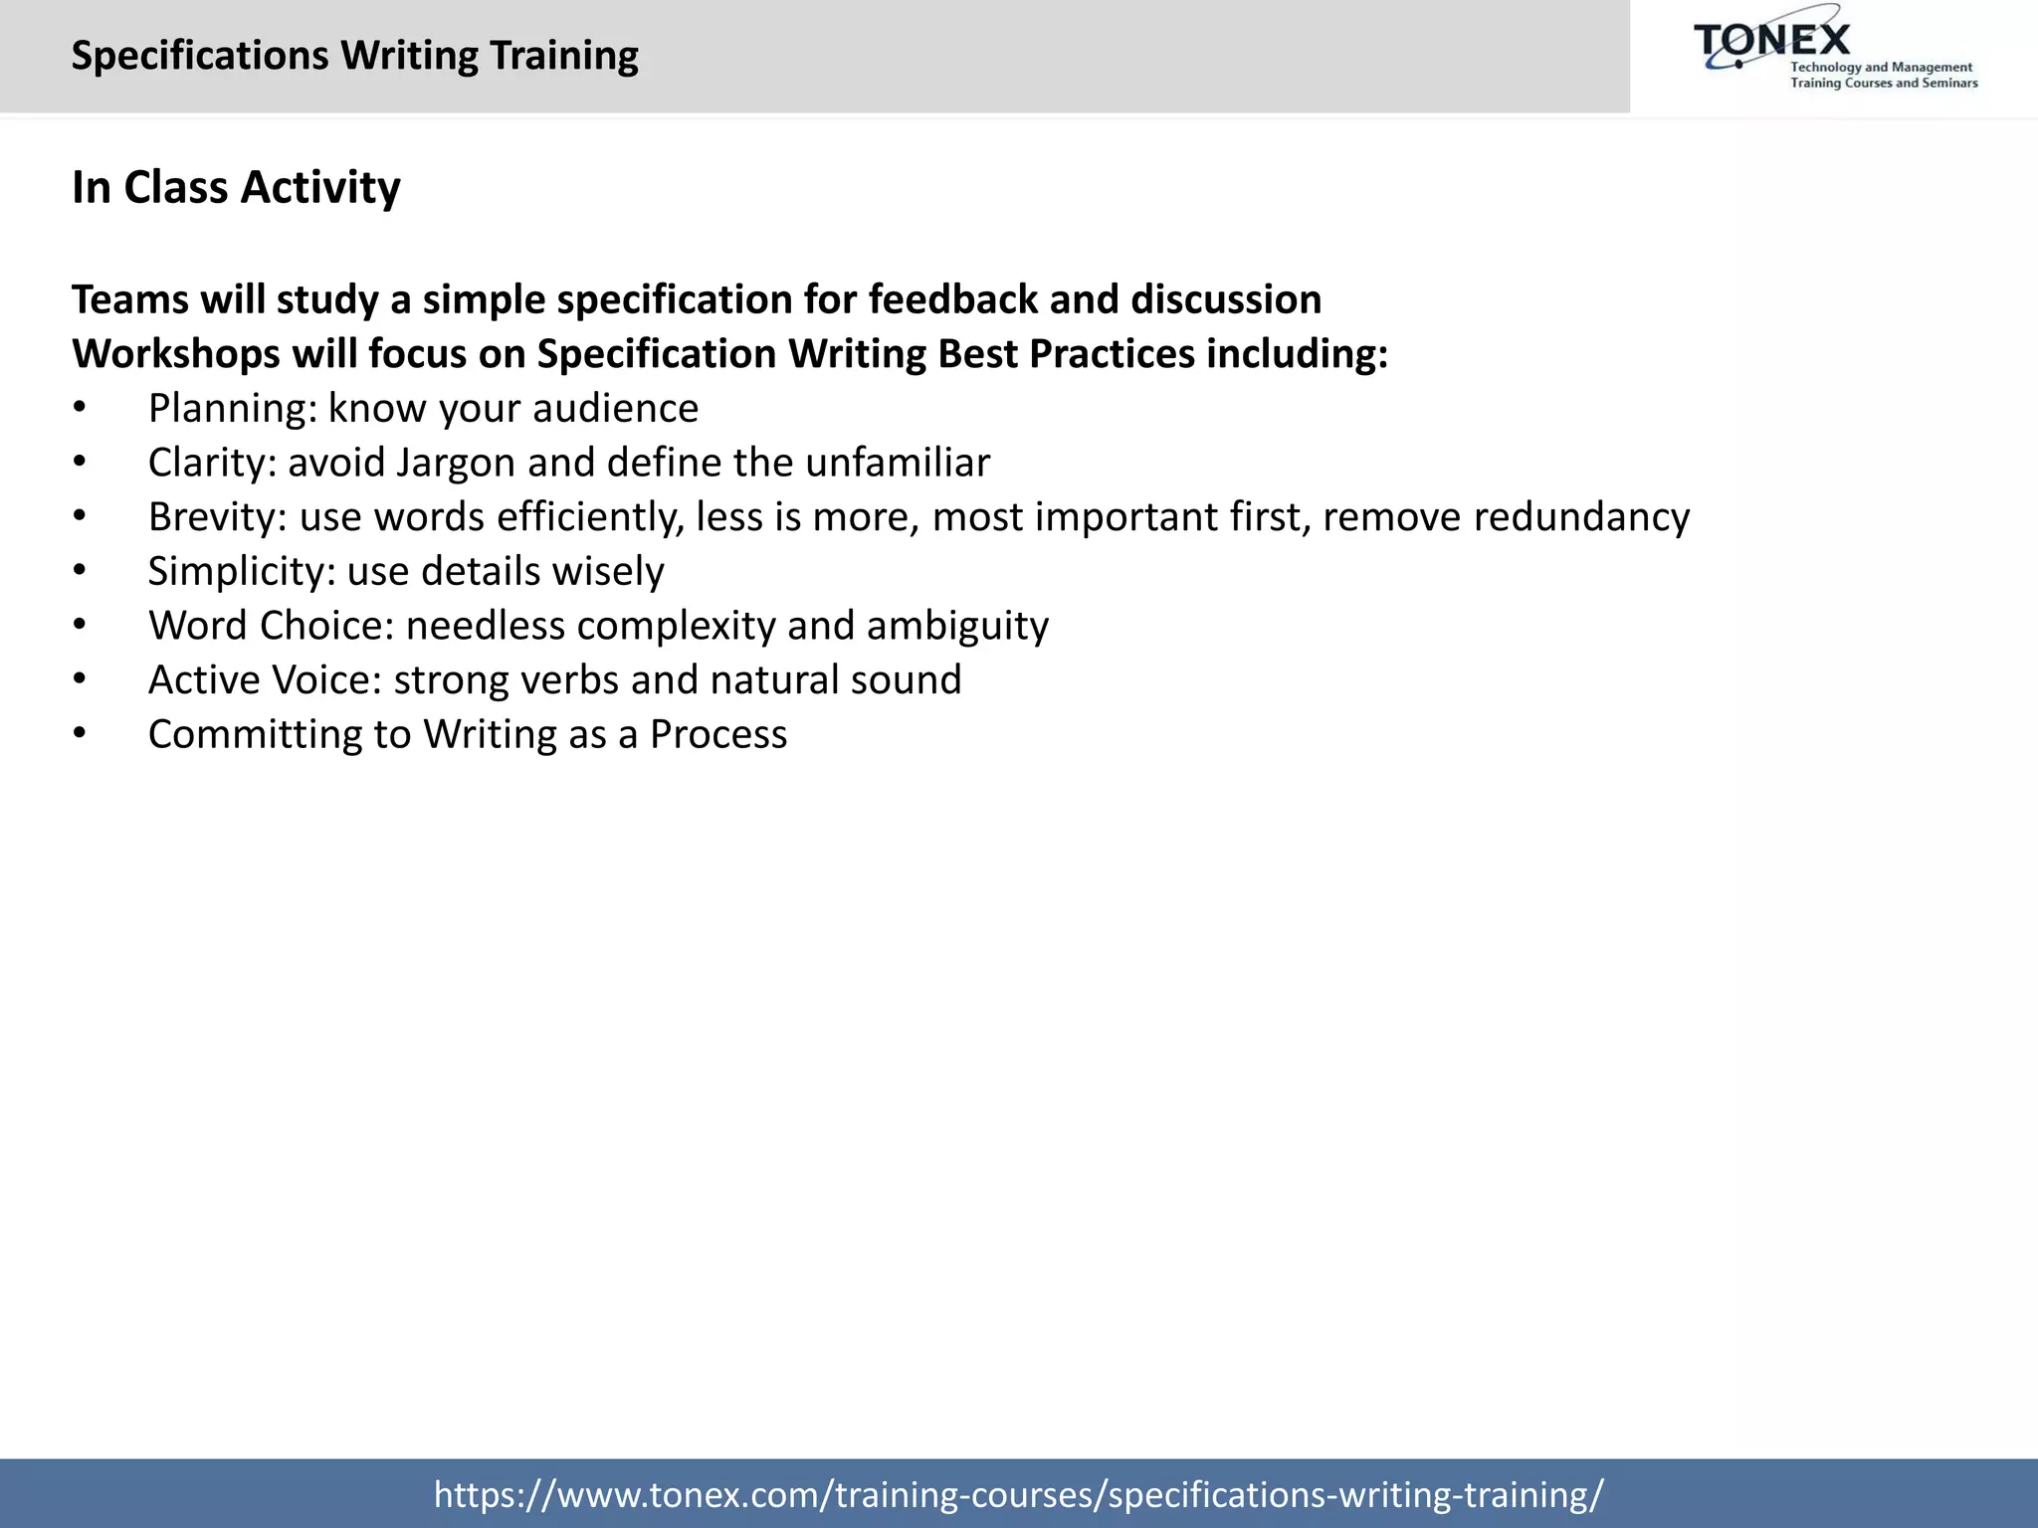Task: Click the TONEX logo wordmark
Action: pyautogui.click(x=1772, y=41)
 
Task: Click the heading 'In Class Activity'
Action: pyautogui.click(x=236, y=187)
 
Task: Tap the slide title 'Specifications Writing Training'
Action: pyautogui.click(x=354, y=56)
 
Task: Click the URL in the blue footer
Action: pyautogui.click(x=1018, y=1494)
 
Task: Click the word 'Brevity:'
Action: pyautogui.click(x=217, y=517)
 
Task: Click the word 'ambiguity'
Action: pyautogui.click(x=957, y=626)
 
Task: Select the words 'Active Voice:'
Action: pyautogui.click(x=265, y=680)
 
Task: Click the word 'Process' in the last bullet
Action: pyautogui.click(x=717, y=734)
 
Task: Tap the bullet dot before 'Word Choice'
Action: pyautogui.click(x=80, y=626)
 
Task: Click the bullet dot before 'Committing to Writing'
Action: pyautogui.click(x=80, y=734)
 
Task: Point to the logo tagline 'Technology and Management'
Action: pyautogui.click(x=1881, y=68)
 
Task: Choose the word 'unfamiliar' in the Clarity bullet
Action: pyautogui.click(x=897, y=463)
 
